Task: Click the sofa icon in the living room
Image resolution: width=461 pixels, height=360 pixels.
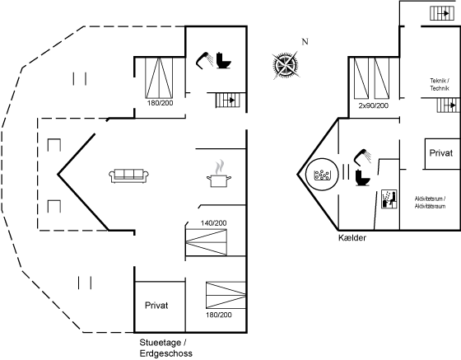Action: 128,176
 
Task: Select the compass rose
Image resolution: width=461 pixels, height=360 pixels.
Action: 285,65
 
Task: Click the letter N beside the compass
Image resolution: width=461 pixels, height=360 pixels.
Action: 305,42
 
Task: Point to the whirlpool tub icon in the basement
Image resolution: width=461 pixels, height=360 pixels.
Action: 322,175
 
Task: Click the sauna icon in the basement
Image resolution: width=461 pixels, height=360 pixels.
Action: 389,199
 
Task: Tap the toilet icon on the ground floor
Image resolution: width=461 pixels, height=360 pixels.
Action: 223,61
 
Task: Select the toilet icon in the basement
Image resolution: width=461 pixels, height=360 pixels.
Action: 362,178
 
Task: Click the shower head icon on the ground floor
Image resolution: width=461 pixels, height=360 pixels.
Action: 205,60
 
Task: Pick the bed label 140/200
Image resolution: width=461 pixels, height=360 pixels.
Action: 214,223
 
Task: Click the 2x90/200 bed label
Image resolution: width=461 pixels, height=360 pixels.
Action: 374,105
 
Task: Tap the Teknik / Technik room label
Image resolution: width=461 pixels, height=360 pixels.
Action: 440,84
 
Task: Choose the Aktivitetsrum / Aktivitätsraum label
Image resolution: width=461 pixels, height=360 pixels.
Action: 430,203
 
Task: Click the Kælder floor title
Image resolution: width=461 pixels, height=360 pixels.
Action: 352,237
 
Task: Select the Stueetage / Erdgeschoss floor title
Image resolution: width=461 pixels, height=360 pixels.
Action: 166,348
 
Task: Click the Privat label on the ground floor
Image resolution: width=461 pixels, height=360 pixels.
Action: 156,306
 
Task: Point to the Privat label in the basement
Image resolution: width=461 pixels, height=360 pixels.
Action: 441,153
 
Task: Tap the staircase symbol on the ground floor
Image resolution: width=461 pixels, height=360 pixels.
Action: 228,100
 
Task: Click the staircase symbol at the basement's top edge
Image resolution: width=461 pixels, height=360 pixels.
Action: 440,13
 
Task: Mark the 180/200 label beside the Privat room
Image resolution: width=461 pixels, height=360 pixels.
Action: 219,315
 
